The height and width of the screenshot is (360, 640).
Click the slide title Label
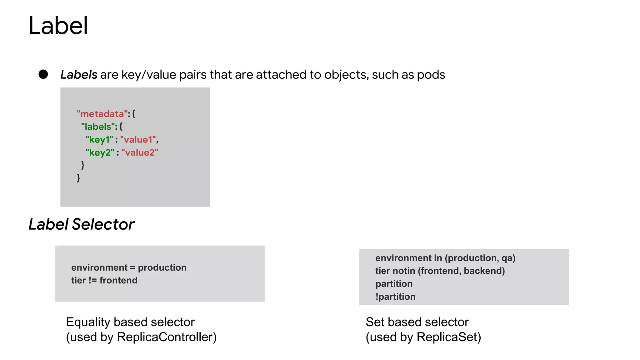(58, 26)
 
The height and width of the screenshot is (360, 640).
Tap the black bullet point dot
(43, 74)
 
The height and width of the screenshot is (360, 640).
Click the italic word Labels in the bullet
(79, 75)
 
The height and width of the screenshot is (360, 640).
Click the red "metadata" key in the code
(102, 114)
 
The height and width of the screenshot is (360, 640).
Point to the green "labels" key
(98, 127)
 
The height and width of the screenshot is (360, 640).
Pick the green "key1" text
(99, 140)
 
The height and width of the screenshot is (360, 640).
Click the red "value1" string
(138, 140)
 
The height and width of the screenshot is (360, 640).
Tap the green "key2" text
(100, 152)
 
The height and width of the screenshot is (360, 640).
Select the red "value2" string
(140, 152)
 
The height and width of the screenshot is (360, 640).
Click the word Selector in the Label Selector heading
(103, 224)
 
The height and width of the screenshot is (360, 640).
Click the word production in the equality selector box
(162, 267)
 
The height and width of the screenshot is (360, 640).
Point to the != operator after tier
(92, 280)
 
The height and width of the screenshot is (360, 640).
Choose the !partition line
(395, 297)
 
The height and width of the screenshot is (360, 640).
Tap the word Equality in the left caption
(88, 322)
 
